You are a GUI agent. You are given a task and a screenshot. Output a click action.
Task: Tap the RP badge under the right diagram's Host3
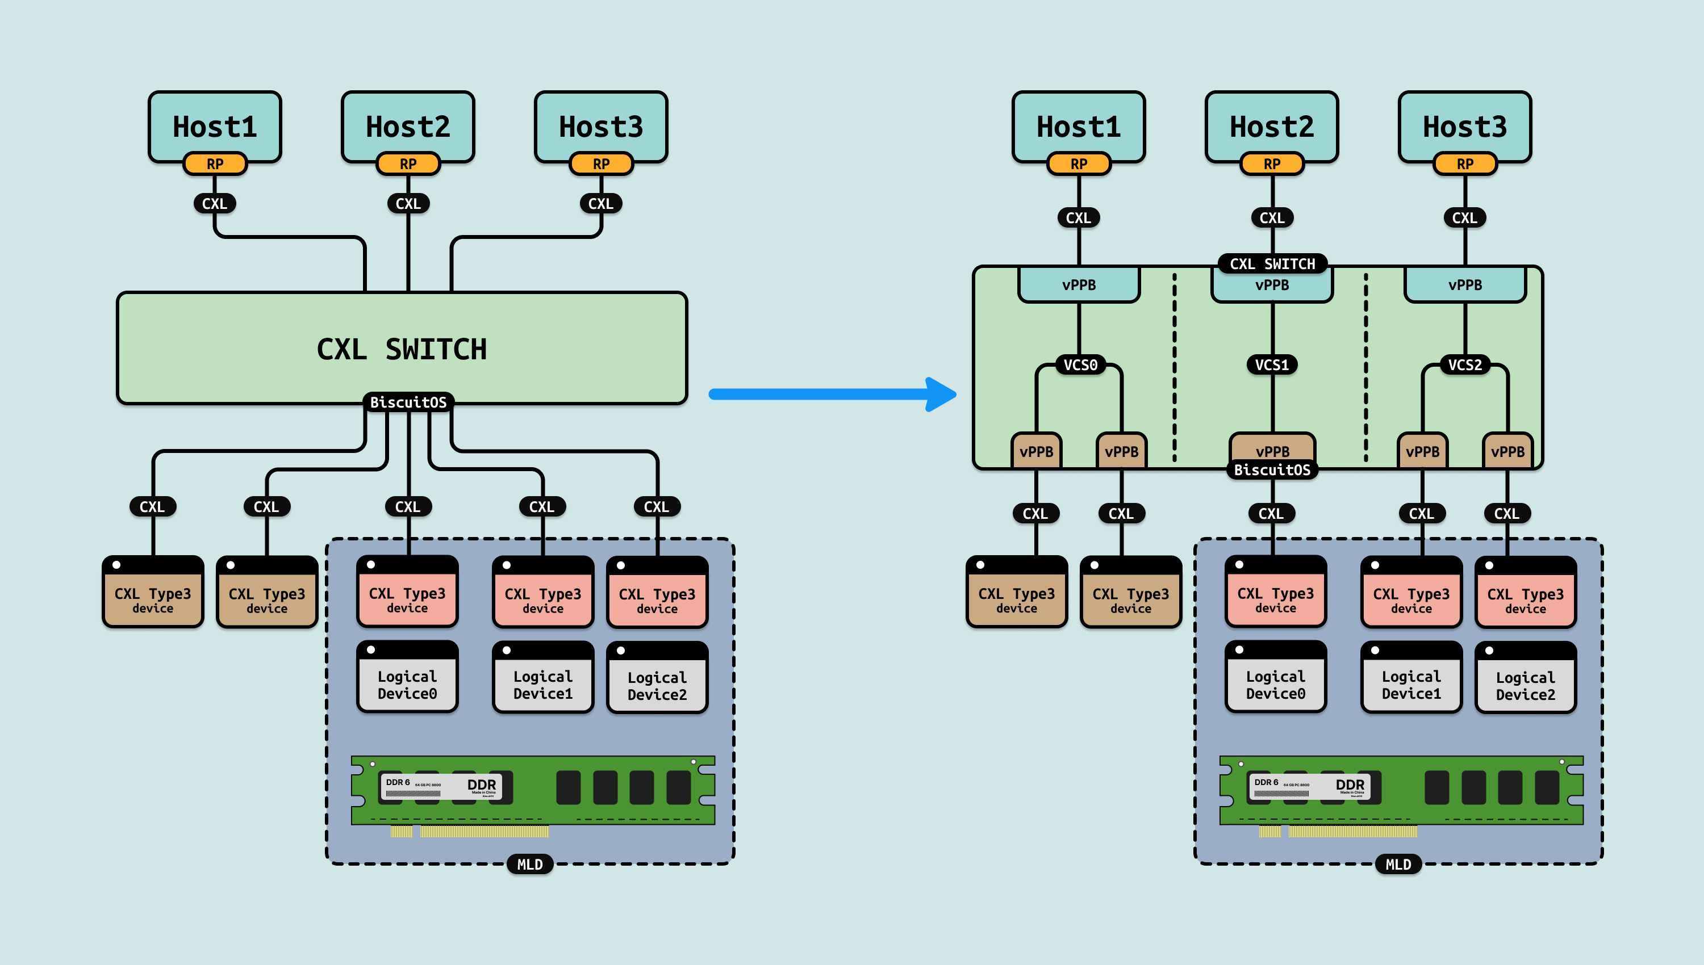tap(1465, 163)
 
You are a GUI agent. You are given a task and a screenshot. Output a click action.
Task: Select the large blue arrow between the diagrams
tap(832, 395)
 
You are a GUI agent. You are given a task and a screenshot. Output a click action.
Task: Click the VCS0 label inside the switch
tap(1080, 365)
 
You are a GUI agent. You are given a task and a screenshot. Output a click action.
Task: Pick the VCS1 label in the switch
tap(1272, 365)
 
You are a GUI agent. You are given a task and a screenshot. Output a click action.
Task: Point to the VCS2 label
tap(1465, 365)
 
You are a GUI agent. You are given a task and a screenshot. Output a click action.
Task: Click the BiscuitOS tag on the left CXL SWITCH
tap(408, 402)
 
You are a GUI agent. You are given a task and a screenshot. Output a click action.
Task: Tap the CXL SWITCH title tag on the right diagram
tap(1272, 264)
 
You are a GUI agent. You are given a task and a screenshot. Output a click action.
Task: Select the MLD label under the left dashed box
tap(530, 865)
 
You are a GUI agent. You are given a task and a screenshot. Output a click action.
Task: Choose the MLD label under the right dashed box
tap(1398, 865)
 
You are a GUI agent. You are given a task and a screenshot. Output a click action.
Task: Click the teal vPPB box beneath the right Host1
tap(1079, 285)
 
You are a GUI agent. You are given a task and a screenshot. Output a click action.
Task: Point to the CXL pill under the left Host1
tap(214, 203)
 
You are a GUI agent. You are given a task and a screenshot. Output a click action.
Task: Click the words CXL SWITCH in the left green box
tap(402, 349)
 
